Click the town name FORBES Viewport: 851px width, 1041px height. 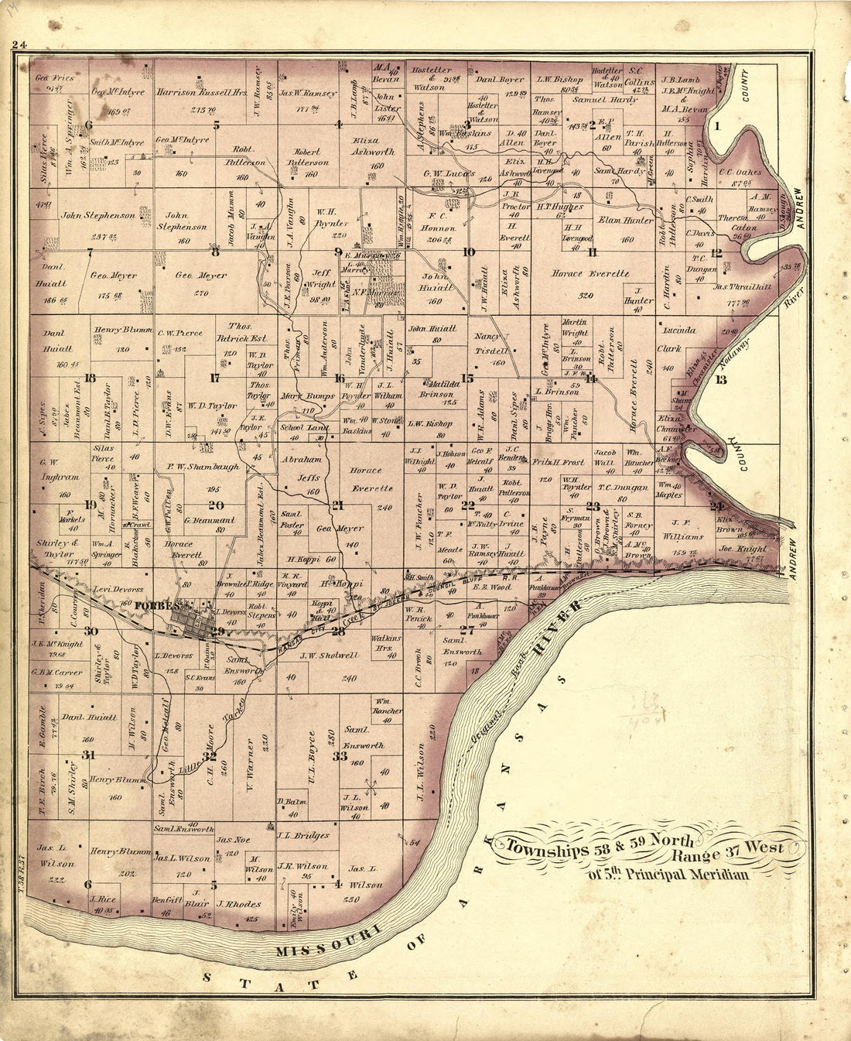(172, 605)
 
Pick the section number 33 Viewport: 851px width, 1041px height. (340, 756)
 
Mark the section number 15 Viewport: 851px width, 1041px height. (467, 378)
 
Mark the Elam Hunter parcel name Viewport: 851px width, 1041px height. (626, 220)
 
